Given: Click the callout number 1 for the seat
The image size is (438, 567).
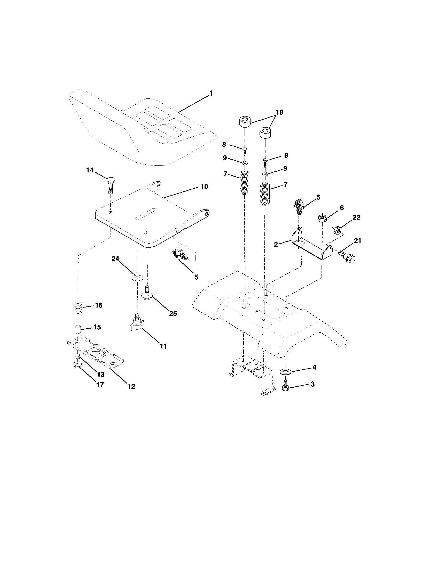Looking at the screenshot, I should point(211,93).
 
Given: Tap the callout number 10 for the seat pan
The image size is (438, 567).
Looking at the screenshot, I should point(205,187).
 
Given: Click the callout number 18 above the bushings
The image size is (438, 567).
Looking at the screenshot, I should point(279,112).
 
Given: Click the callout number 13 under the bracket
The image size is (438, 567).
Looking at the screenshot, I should point(100,374).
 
